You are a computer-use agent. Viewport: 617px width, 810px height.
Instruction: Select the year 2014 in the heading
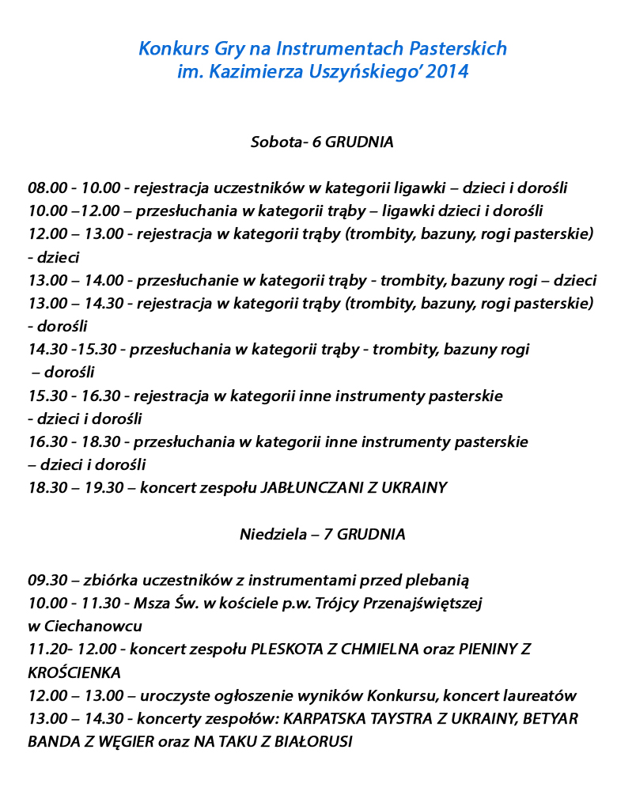point(447,73)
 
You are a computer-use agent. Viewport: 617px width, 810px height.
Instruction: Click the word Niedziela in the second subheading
point(274,535)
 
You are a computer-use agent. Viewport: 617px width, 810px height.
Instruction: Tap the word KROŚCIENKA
point(74,673)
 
